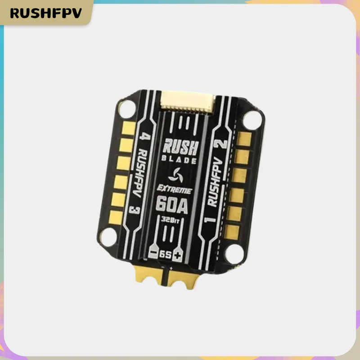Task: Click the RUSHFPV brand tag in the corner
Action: pyautogui.click(x=46, y=13)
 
